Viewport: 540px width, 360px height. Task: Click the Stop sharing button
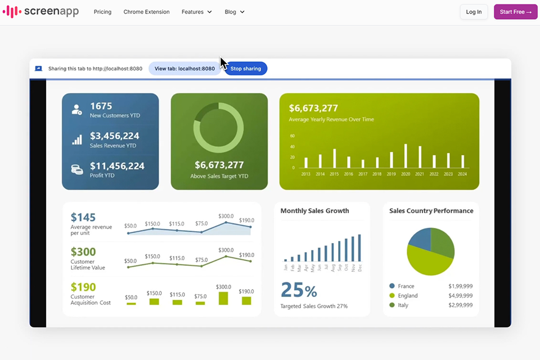tap(246, 69)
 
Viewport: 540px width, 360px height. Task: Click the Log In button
tap(474, 12)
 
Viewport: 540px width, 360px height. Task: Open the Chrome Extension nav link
tap(146, 12)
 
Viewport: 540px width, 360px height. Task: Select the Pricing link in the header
tap(102, 12)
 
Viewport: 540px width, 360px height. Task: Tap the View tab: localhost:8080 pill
tap(184, 69)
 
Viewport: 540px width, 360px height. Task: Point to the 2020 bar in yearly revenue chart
tap(405, 156)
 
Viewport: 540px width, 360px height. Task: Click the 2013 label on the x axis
tap(305, 174)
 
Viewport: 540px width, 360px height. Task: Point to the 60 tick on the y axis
tap(292, 136)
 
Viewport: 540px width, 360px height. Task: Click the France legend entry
tap(406, 286)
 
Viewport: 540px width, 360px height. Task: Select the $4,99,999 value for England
tap(460, 296)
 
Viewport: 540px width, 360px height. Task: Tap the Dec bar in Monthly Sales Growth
tap(359, 248)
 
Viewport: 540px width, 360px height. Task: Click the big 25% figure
tap(299, 290)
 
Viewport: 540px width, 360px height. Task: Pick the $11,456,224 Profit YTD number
tap(117, 166)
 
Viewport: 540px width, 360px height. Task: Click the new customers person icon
tap(76, 110)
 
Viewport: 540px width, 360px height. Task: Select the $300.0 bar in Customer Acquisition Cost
tap(223, 298)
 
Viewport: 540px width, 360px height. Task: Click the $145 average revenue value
tap(83, 217)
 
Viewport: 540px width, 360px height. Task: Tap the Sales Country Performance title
tap(431, 211)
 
